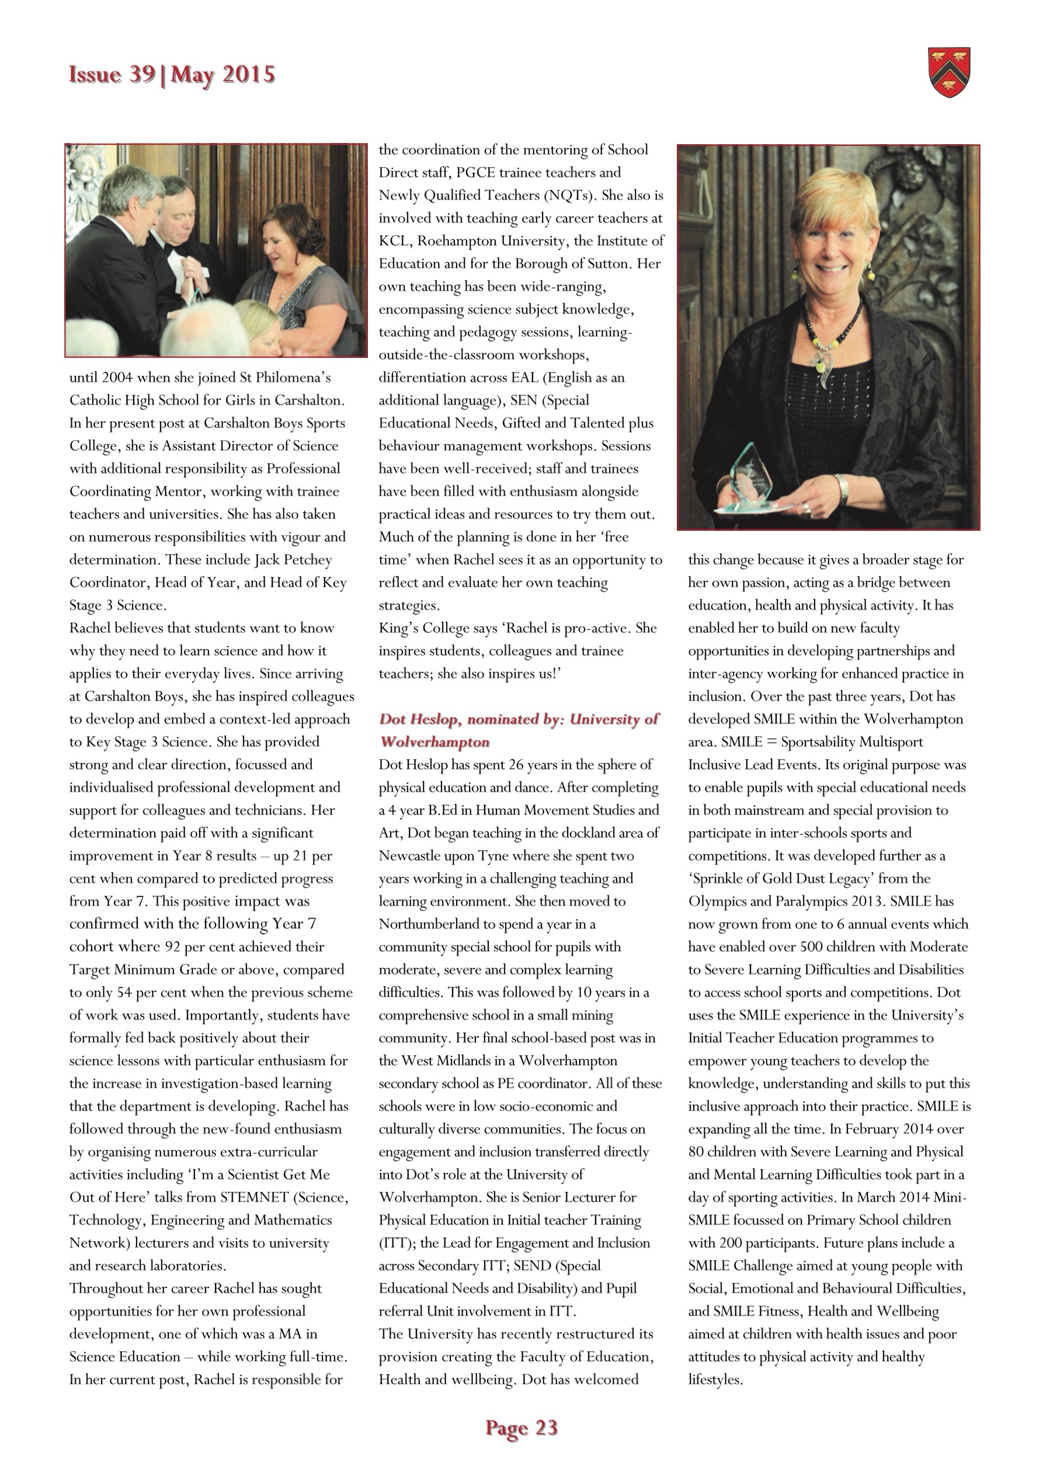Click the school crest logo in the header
949,72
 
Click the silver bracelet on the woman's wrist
842,489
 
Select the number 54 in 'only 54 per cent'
124,993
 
